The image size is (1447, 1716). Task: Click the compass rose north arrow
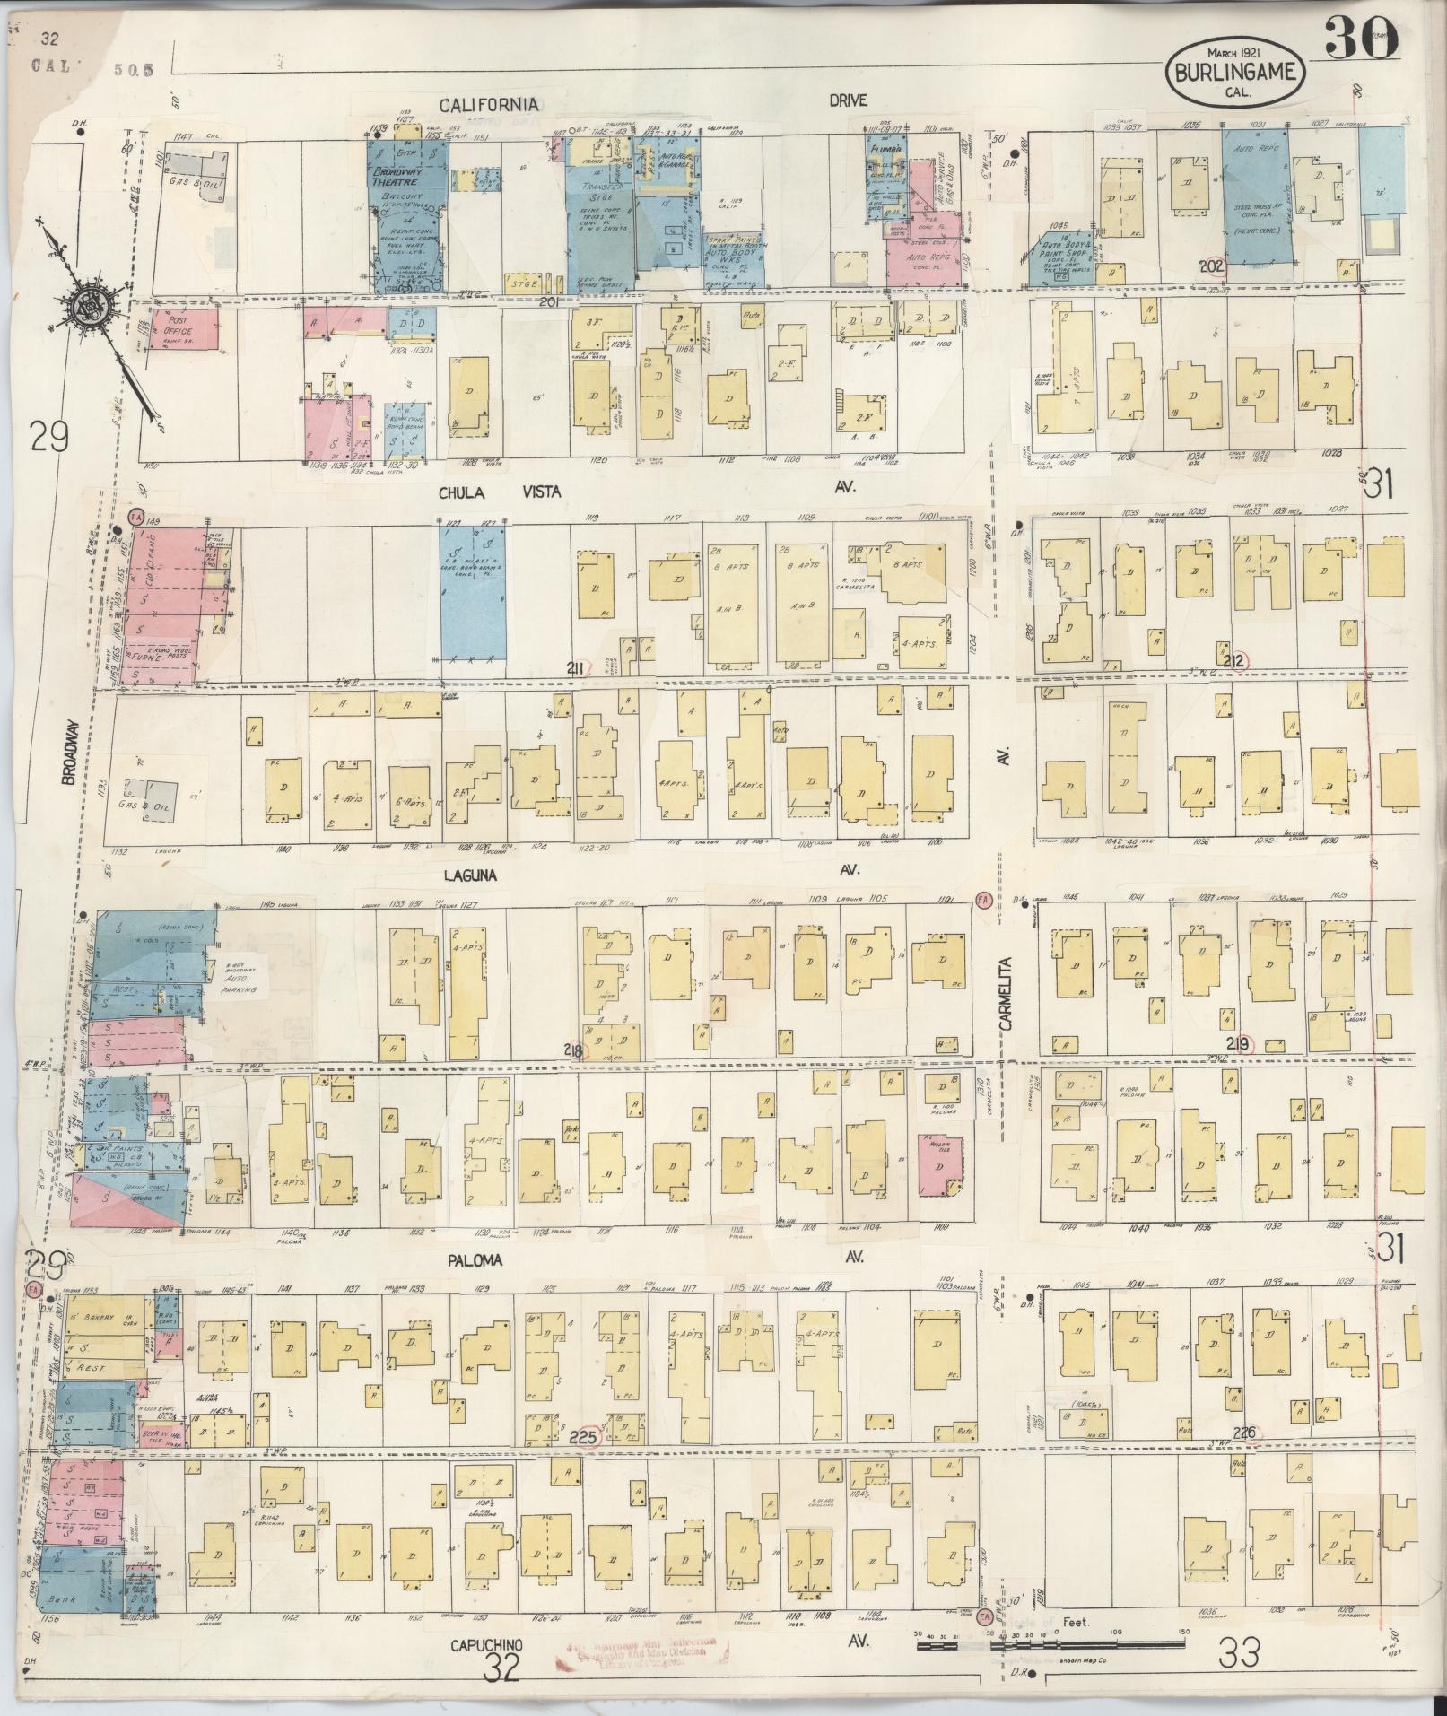[x=94, y=305]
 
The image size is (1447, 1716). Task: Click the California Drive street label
[x=489, y=104]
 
